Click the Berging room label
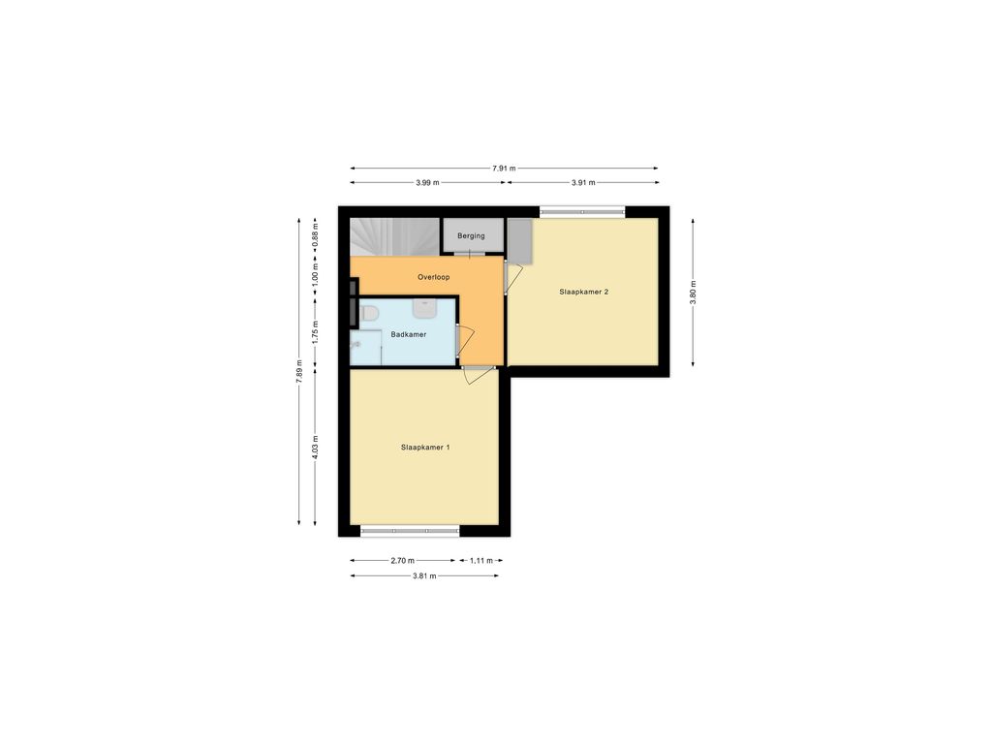click(x=471, y=236)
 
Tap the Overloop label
click(x=433, y=277)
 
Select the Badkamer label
click(x=408, y=334)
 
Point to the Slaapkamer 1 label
click(x=425, y=448)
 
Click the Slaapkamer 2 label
click(x=584, y=293)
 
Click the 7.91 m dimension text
click(x=504, y=169)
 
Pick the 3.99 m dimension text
click(x=427, y=183)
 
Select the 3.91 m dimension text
click(x=583, y=183)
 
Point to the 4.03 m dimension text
click(x=315, y=448)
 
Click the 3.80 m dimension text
click(x=693, y=293)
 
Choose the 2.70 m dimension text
click(x=402, y=561)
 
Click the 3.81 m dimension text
click(x=424, y=576)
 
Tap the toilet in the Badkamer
click(x=368, y=313)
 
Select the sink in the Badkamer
click(x=424, y=309)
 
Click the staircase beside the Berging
click(x=394, y=237)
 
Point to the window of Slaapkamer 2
click(x=582, y=212)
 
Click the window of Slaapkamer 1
click(x=410, y=532)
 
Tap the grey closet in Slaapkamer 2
click(x=519, y=241)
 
